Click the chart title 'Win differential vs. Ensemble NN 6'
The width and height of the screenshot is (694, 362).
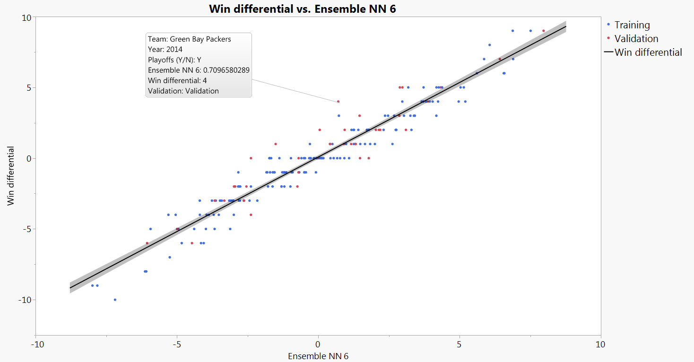coord(302,8)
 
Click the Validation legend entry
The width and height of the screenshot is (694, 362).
coord(636,39)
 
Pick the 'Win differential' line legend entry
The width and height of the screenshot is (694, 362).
coord(648,52)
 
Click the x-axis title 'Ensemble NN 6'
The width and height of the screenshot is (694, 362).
coord(318,356)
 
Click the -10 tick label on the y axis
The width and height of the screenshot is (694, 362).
coord(24,300)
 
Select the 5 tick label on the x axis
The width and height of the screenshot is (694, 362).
coord(459,344)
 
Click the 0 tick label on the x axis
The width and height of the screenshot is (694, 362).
coord(318,344)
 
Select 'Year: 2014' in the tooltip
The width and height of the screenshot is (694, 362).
coord(165,49)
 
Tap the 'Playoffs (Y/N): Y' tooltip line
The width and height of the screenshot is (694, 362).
coord(174,60)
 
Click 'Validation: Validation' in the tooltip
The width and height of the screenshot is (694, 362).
coord(183,91)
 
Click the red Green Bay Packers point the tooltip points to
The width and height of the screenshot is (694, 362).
coord(338,101)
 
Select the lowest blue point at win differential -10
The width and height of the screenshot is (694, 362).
coord(115,300)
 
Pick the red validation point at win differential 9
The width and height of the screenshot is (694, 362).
coord(544,31)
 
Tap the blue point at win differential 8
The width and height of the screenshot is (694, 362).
coord(489,45)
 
